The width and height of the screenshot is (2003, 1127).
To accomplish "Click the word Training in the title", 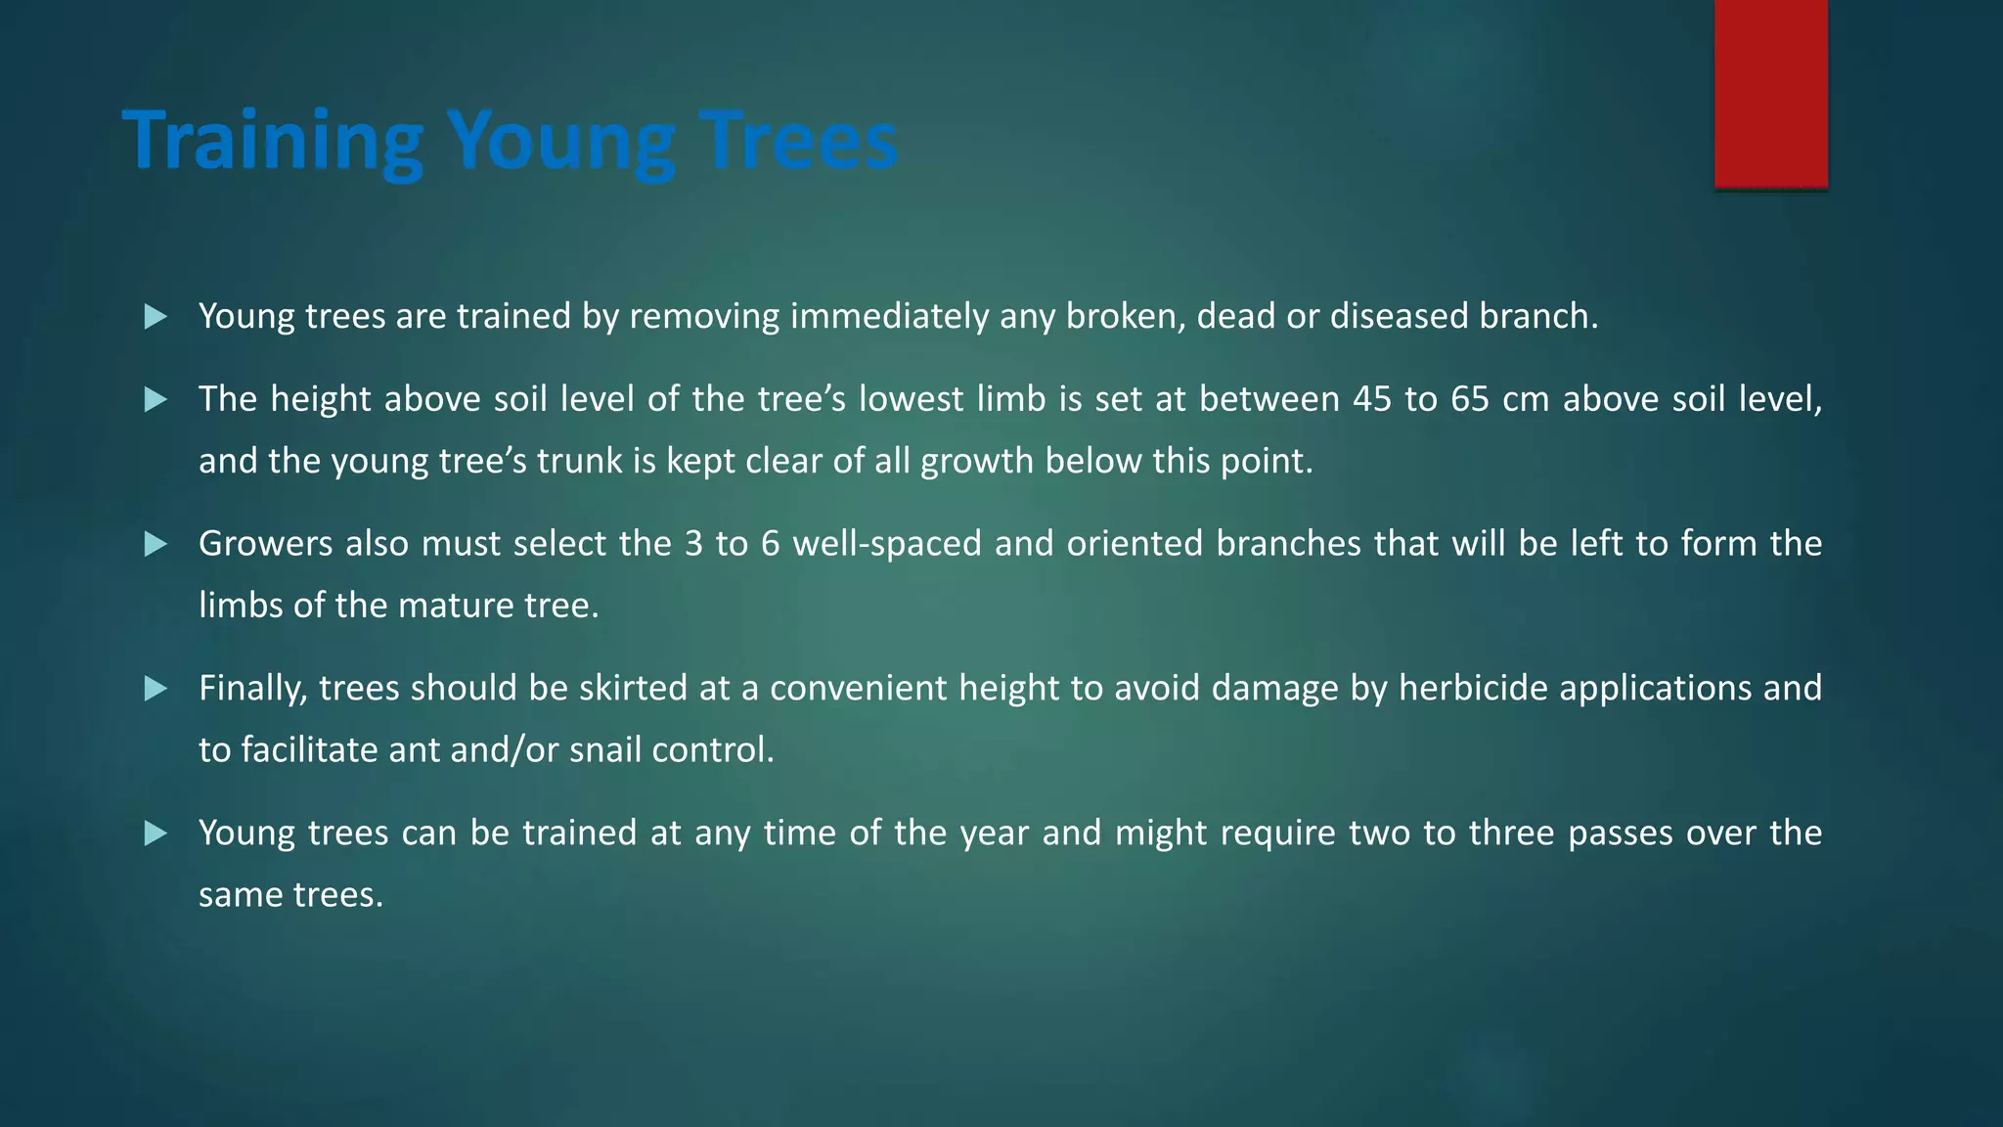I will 272,141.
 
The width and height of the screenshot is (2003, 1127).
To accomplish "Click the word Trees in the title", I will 798,141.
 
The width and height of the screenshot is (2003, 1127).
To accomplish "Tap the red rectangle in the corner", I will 1770,93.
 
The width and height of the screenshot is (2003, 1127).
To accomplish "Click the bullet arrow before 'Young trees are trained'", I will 156,317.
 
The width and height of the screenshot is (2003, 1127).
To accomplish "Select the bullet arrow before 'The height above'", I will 156,399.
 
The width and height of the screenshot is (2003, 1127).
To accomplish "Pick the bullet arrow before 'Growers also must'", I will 156,544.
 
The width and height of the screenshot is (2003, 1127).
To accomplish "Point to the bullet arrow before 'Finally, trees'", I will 156,689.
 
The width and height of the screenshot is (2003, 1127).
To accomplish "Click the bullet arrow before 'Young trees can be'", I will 156,834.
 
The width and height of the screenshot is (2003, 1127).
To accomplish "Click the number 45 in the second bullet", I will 1372,399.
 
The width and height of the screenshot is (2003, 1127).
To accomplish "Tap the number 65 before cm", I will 1470,399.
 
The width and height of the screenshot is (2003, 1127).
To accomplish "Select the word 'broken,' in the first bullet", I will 1125,317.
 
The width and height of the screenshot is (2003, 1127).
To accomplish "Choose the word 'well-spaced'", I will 886,544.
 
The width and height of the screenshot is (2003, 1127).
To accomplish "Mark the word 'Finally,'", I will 252,689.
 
